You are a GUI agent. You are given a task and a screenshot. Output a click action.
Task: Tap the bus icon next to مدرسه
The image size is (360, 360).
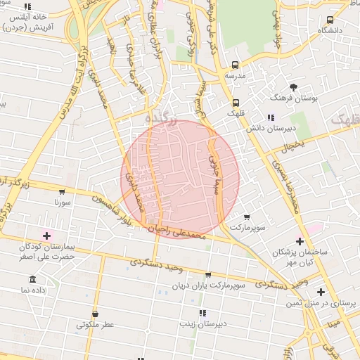tap(236, 63)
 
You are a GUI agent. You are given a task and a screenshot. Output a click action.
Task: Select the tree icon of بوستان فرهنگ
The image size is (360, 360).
tap(293, 87)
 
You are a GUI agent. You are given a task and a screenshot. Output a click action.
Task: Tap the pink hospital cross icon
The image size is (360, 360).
tap(47, 236)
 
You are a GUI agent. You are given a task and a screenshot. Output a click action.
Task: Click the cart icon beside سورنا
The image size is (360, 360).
tap(62, 191)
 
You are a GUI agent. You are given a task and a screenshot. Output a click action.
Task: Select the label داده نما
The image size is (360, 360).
tap(34, 290)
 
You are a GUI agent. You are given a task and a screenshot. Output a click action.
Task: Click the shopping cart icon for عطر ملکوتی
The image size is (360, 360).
tap(95, 314)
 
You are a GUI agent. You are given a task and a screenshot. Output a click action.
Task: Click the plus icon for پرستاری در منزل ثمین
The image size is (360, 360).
tap(321, 292)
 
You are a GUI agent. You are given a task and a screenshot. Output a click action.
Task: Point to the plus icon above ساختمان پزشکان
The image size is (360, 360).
tap(300, 241)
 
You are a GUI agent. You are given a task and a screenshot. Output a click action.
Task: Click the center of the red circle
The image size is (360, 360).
tap(180, 179)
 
